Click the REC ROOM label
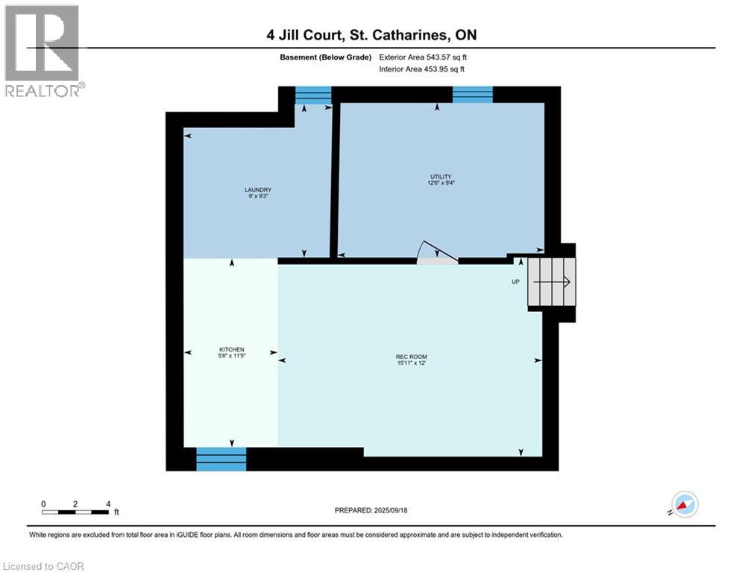coord(411,357)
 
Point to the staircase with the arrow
coord(552,282)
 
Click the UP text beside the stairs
coord(515,282)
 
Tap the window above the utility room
coord(472,95)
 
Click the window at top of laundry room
coord(313,95)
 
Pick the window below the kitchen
coord(221,459)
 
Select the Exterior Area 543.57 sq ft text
coord(423,57)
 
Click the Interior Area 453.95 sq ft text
coord(423,69)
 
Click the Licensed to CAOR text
coord(44,566)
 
